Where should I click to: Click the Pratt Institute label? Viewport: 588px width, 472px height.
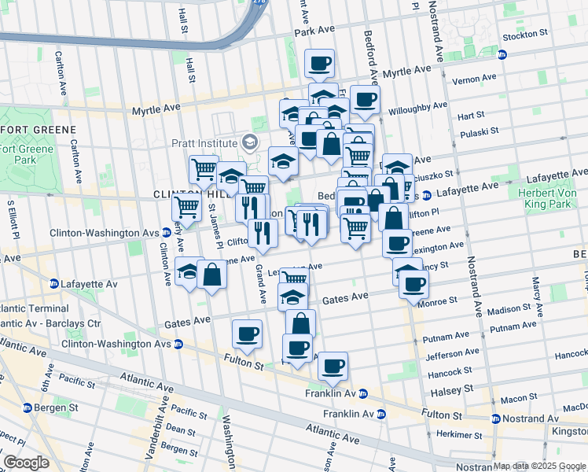coord(204,143)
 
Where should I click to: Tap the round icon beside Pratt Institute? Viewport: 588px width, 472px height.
coord(250,142)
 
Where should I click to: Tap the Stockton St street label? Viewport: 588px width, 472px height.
coord(527,34)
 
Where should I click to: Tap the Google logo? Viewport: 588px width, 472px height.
coord(26,463)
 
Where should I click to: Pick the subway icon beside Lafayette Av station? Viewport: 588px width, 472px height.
coord(53,283)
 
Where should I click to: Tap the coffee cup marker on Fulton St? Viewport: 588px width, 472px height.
coord(247,334)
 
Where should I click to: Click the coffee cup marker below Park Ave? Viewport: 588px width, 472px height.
coord(319,64)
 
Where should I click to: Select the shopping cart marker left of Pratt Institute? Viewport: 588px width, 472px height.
coord(204,168)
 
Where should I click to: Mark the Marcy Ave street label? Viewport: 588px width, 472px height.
coord(537,292)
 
